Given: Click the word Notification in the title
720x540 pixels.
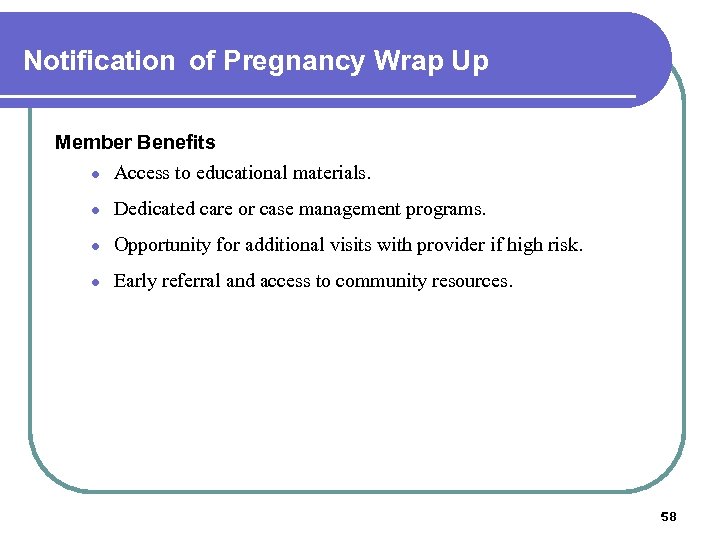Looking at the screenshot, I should point(98,61).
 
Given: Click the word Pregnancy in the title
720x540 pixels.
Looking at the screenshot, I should point(294,62).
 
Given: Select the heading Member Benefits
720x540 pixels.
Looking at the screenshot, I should point(135,142).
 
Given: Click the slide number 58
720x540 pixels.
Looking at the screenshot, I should point(669,516).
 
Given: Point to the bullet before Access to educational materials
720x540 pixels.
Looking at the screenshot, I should point(92,174).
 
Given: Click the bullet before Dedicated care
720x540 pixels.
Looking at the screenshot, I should point(92,210).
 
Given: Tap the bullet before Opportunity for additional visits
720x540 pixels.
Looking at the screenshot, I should point(92,246).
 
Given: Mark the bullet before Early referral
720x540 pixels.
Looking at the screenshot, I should point(92,282).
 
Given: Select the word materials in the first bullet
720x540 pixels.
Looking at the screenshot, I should point(331,173).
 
